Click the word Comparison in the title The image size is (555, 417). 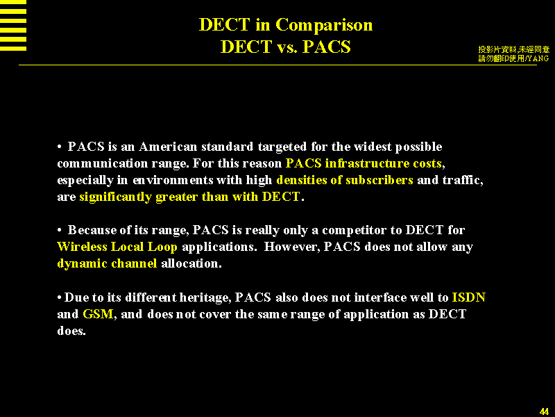click(x=324, y=26)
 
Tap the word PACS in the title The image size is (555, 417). click(x=326, y=47)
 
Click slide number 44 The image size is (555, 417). click(x=544, y=411)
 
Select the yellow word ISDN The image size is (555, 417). click(x=469, y=297)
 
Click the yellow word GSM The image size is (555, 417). click(x=98, y=314)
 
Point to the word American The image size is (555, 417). click(x=168, y=147)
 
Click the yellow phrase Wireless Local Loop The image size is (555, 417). click(x=117, y=247)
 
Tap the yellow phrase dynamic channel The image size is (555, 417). click(x=107, y=263)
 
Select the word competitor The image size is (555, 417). click(x=355, y=231)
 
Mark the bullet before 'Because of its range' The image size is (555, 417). click(x=60, y=231)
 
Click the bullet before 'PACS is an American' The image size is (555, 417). click(x=60, y=147)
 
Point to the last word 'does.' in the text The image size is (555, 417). click(x=71, y=331)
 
